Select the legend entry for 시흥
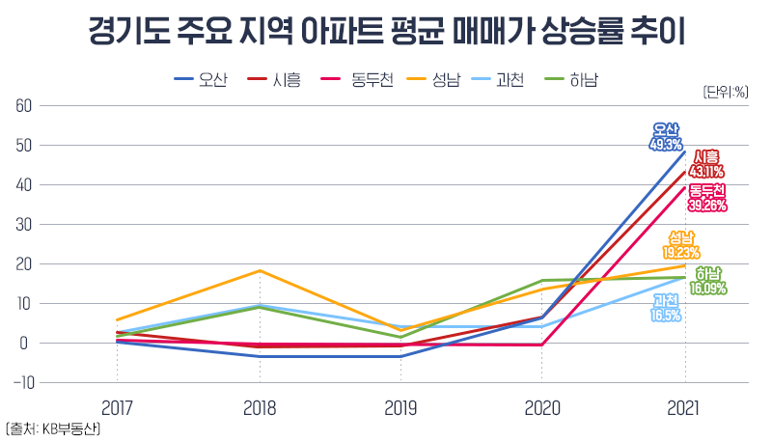[x=274, y=80]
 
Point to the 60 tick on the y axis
[x=23, y=106]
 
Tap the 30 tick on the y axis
[x=23, y=225]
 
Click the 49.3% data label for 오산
[x=666, y=145]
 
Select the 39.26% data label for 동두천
[x=707, y=205]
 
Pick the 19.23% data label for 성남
[x=681, y=252]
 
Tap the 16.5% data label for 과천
[x=666, y=315]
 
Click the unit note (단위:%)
[x=726, y=93]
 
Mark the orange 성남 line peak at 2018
[x=259, y=271]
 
